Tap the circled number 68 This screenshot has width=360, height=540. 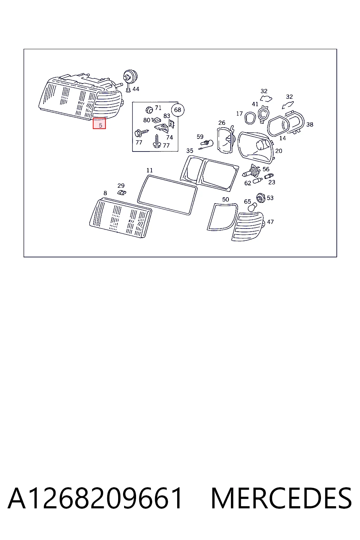pyautogui.click(x=178, y=110)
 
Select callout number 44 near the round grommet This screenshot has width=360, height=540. pyautogui.click(x=136, y=89)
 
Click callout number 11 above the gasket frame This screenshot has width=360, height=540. pyautogui.click(x=149, y=171)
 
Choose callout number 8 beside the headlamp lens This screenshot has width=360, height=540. pyautogui.click(x=105, y=193)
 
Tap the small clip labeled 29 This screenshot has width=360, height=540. pyautogui.click(x=122, y=193)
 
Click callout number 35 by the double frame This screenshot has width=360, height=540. pyautogui.click(x=190, y=151)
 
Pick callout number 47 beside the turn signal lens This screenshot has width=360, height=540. pyautogui.click(x=270, y=222)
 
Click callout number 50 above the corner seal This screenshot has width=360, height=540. pyautogui.click(x=225, y=199)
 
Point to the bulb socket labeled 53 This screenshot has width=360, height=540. pyautogui.click(x=261, y=198)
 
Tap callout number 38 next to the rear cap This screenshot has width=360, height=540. pyautogui.click(x=310, y=125)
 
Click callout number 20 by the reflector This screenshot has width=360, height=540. pyautogui.click(x=278, y=151)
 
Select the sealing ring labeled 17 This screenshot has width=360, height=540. pyautogui.click(x=250, y=118)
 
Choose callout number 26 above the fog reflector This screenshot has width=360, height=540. pyautogui.click(x=222, y=123)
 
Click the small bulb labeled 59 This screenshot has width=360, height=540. pyautogui.click(x=207, y=144)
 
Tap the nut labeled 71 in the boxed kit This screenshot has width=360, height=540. pyautogui.click(x=149, y=110)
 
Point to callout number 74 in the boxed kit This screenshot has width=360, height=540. pyautogui.click(x=169, y=137)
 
